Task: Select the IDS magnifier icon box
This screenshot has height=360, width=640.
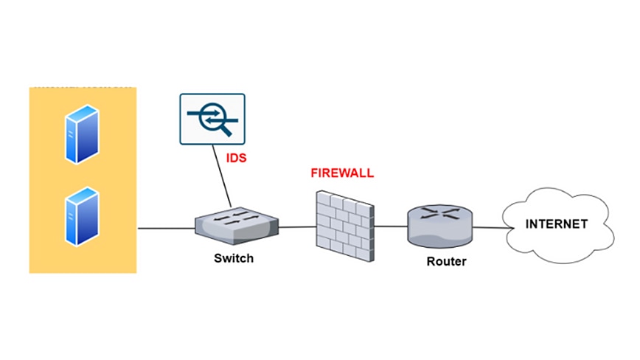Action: [212, 118]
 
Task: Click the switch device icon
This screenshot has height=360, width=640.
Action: [237, 225]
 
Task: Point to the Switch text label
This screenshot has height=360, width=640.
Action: [234, 258]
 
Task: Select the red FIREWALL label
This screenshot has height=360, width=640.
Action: [342, 173]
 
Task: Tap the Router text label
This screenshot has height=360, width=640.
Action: [447, 261]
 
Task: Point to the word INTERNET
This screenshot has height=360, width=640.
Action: [557, 224]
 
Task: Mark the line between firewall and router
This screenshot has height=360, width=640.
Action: [390, 226]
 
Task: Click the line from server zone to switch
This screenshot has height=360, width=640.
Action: [166, 228]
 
